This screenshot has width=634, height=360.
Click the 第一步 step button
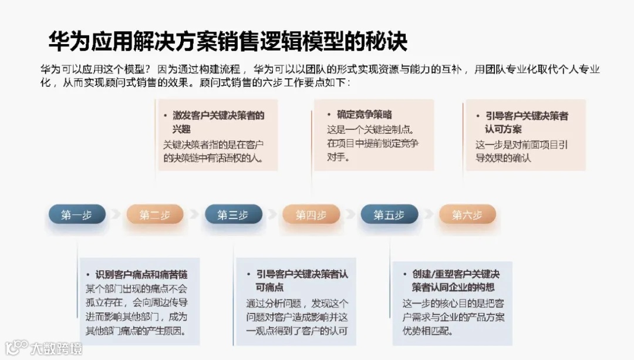point(77,215)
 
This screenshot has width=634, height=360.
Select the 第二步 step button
point(155,215)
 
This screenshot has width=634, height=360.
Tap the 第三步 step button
point(233,215)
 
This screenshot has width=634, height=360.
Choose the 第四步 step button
point(311,215)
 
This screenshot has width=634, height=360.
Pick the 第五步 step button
point(389,215)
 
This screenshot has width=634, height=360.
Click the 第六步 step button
point(467,215)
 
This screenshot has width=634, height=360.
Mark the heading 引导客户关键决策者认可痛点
point(302,281)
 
